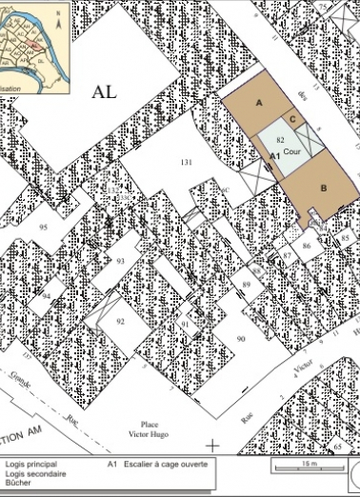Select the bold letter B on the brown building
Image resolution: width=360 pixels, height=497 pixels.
tap(324, 188)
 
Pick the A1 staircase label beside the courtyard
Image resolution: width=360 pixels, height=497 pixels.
tap(273, 154)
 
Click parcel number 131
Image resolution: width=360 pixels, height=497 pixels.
tap(187, 163)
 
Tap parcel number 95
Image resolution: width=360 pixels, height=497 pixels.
tap(44, 228)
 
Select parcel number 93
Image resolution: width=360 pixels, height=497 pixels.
tap(120, 260)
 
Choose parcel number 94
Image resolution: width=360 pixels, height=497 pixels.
tap(46, 295)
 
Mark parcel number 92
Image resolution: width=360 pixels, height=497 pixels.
tap(120, 322)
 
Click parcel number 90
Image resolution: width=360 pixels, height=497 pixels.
tap(241, 338)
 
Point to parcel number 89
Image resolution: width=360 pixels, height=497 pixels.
tap(246, 285)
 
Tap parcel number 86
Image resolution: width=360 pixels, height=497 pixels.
tap(307, 246)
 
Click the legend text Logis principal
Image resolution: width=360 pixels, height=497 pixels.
tap(30, 465)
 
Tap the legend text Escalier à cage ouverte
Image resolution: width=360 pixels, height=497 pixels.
tap(165, 465)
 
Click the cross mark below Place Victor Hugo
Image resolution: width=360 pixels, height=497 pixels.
tap(212, 444)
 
